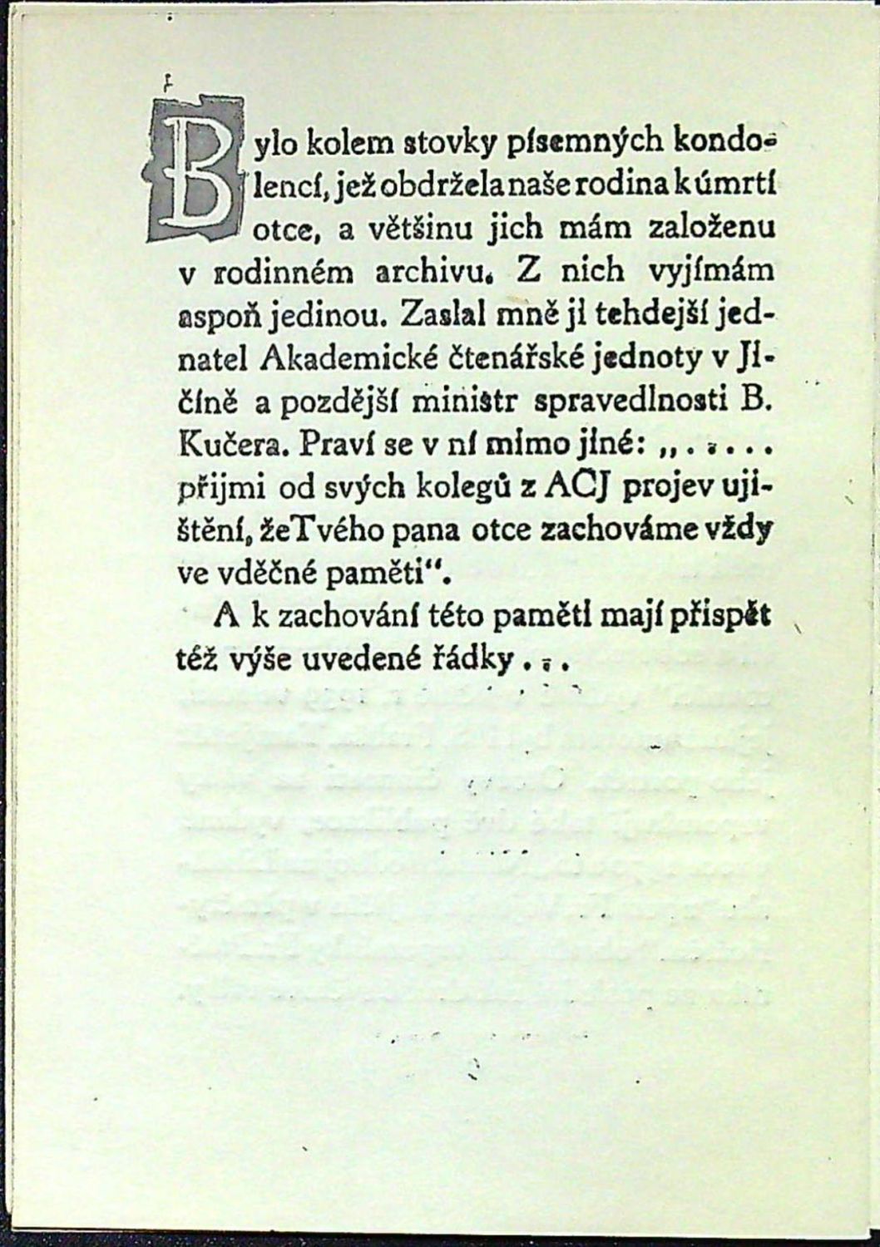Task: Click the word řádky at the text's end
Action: pyautogui.click(x=469, y=662)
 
